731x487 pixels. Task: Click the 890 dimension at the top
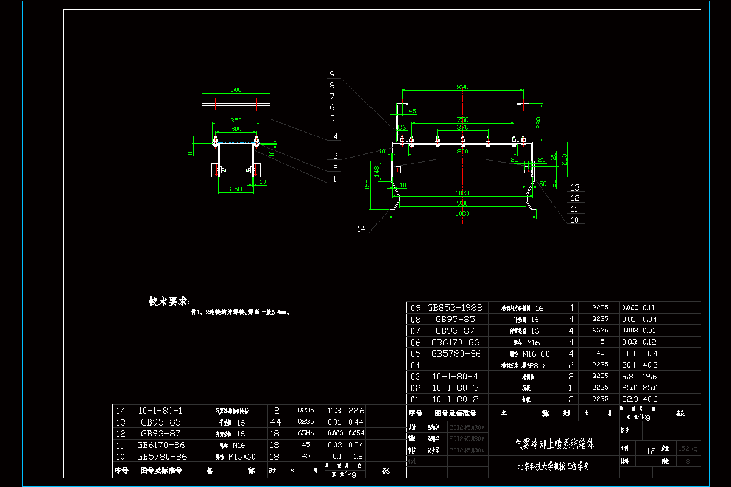[463, 87]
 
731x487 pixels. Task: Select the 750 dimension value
[463, 120]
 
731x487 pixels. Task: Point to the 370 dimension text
[463, 127]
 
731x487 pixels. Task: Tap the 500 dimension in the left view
[236, 90]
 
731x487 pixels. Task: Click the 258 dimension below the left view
[236, 189]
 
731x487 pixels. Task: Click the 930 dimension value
[463, 203]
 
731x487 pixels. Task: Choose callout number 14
[362, 229]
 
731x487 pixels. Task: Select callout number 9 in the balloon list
[332, 74]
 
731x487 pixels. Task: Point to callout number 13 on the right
[575, 187]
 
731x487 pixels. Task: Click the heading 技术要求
[169, 301]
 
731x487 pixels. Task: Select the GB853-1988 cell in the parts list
[454, 308]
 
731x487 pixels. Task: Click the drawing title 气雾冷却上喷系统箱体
[554, 444]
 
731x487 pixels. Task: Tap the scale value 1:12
[648, 451]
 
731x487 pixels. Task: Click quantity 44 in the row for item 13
[277, 422]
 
